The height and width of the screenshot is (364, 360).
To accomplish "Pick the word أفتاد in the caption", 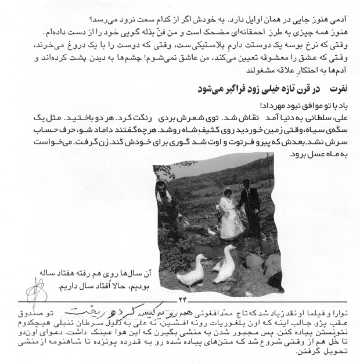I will [x=111, y=285].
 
